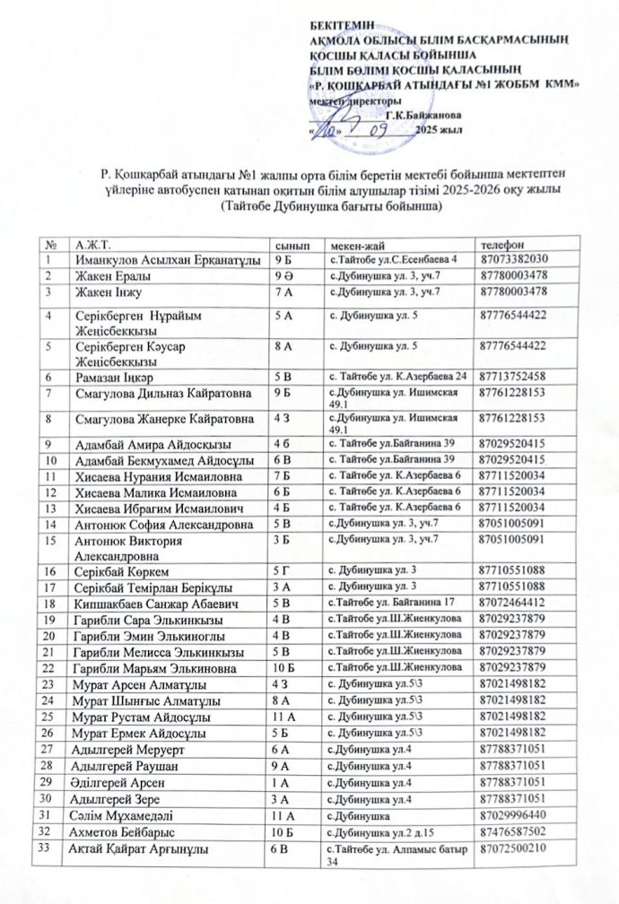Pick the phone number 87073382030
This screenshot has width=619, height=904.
click(516, 259)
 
